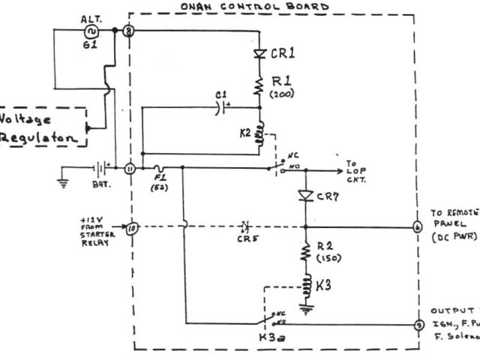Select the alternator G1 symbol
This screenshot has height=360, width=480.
coord(94,31)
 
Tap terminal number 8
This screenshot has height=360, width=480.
coord(129,31)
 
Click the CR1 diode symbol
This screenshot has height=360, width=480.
coord(261,54)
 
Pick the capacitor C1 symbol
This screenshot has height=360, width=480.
coord(217,106)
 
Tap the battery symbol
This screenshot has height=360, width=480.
coord(97,169)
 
